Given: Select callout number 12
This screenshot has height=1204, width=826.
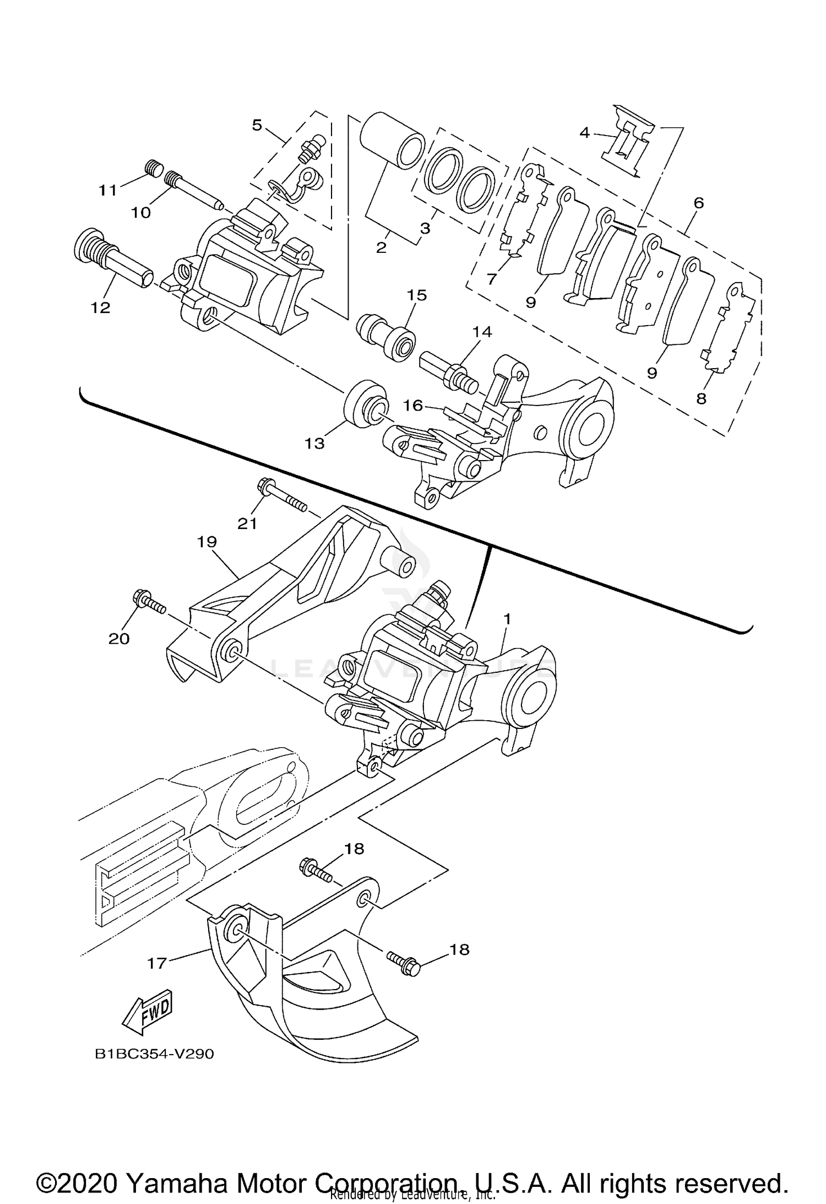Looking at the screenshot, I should point(101,307).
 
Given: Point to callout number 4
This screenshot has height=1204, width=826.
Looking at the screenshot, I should point(584,133).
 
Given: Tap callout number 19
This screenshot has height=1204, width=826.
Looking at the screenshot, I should point(208,542).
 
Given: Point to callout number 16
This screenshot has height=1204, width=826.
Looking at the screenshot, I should point(412,406).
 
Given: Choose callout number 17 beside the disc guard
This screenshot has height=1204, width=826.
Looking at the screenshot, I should point(157,963).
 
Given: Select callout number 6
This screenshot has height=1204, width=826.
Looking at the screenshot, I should point(698,203).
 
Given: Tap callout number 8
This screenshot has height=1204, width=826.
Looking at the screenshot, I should point(701,399).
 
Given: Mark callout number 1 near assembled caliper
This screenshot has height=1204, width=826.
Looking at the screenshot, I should point(507,619).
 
